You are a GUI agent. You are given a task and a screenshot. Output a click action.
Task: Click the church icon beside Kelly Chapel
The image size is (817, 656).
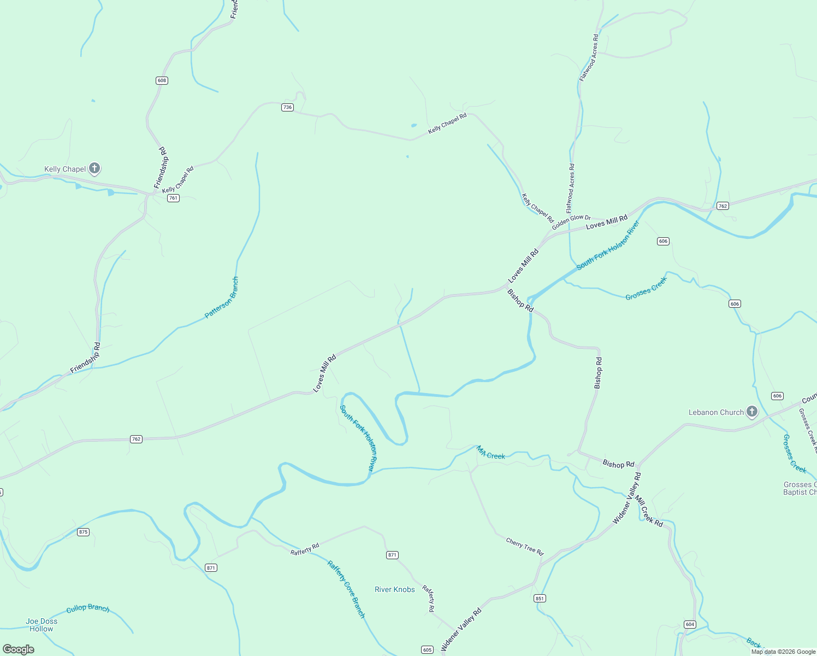pos(94,168)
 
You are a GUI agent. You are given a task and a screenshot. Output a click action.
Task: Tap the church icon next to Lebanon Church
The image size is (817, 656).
pos(752,412)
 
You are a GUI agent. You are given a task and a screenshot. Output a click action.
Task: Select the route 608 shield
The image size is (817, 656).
pos(162,80)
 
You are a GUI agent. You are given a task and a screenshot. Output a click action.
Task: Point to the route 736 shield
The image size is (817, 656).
pos(288,107)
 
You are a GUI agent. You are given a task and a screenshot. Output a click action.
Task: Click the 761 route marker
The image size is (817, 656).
pos(173,198)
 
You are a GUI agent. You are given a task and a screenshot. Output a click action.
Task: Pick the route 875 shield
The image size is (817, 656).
pos(83,532)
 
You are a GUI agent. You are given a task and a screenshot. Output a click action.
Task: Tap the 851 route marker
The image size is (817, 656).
pos(540,598)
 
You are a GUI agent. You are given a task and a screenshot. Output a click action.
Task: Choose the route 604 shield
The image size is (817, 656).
pos(690,624)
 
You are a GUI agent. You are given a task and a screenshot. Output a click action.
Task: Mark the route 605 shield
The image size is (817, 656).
pos(427,649)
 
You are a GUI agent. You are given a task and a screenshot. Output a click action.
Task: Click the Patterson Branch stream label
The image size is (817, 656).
pos(222,298)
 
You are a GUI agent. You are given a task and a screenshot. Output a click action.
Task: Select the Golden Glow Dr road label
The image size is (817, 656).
pos(571,222)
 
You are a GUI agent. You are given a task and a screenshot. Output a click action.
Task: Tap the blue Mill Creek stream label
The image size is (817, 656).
pos(491,453)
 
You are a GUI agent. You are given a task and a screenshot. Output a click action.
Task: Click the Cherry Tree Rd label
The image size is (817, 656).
pos(525,546)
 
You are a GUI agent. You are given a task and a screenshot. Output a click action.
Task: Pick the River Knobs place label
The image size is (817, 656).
pos(395,589)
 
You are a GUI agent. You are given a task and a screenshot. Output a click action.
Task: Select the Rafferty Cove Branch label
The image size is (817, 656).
pos(346,589)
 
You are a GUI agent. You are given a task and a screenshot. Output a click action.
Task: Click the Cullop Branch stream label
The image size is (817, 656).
pos(88,609)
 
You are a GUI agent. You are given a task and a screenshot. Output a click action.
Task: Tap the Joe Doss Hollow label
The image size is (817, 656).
pos(42,625)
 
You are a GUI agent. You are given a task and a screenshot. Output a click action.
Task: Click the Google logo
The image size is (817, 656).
pos(19,649)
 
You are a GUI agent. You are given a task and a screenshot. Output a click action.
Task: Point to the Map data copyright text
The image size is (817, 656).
pos(783,652)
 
